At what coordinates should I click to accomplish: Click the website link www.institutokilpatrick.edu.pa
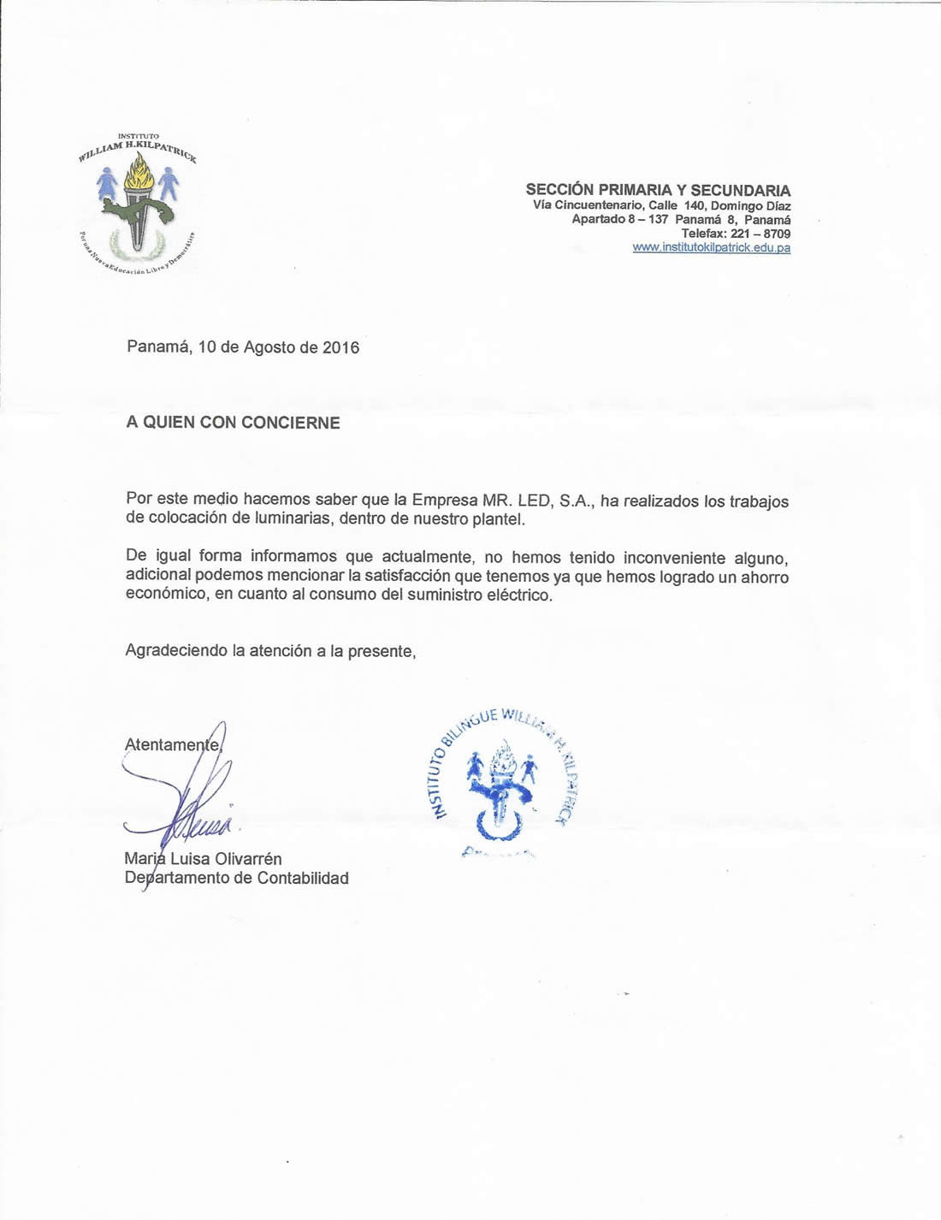[711, 247]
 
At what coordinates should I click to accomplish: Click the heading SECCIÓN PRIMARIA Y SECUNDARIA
[658, 190]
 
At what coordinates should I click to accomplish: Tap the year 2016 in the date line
[340, 347]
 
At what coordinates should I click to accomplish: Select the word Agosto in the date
[270, 347]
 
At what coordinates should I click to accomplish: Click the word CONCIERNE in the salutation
[290, 423]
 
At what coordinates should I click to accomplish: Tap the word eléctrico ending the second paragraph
[519, 595]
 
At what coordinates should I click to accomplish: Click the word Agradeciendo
[176, 651]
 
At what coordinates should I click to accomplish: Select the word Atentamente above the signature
[172, 744]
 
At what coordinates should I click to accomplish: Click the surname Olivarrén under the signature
[248, 859]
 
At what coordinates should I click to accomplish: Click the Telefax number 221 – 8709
[760, 234]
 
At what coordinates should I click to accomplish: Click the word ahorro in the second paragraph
[765, 577]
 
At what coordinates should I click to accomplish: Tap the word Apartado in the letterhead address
[599, 219]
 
